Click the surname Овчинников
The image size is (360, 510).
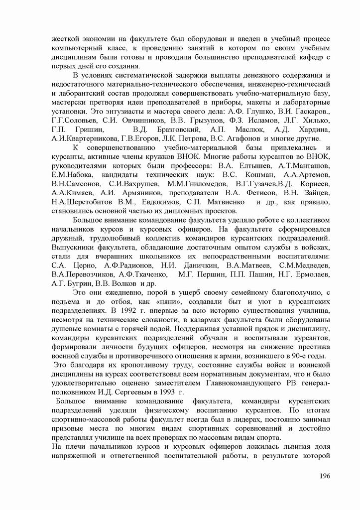[x=137, y=120]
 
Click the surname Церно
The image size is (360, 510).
[x=82, y=264]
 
